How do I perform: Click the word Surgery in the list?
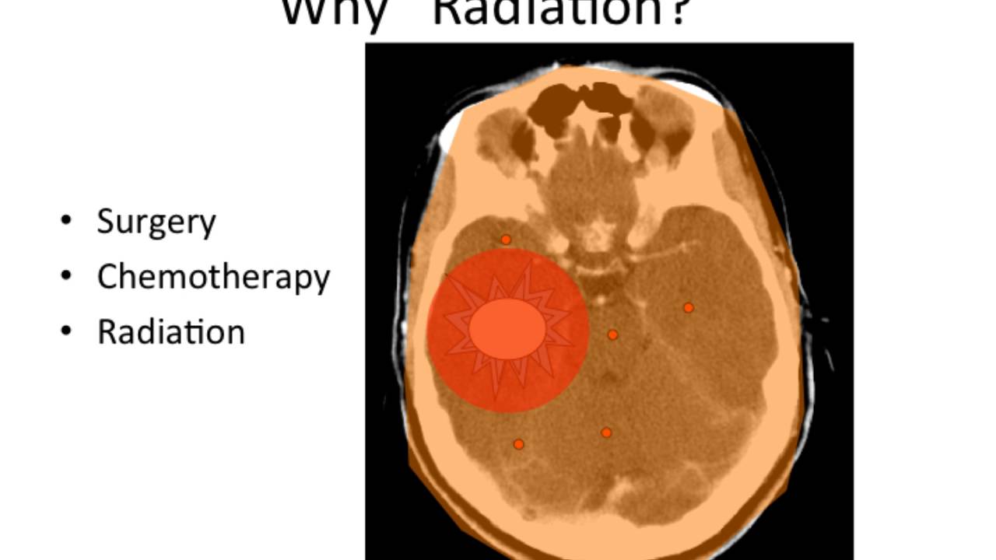(156, 222)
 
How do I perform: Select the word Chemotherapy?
(213, 277)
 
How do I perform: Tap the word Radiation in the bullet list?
(170, 332)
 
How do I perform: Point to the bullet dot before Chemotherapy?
(66, 275)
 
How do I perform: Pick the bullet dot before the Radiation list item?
(66, 331)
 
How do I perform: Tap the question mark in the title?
(676, 12)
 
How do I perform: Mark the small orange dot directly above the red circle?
(506, 240)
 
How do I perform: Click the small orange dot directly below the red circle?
(518, 444)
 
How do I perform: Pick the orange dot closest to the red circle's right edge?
(612, 334)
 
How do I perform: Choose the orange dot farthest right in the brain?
(688, 308)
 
